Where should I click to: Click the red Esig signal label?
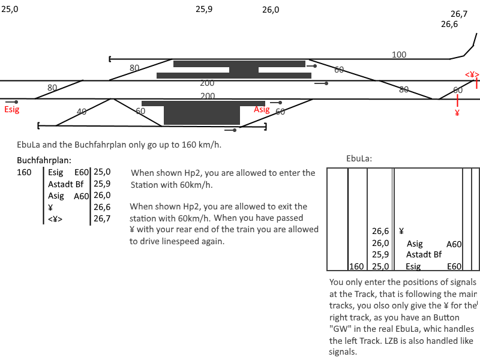click(x=12, y=110)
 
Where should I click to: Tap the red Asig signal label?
click(x=262, y=110)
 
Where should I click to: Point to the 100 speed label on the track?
click(x=399, y=55)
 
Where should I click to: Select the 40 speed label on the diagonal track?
click(x=82, y=112)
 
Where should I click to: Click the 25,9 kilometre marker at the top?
click(x=204, y=9)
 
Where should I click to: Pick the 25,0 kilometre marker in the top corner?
click(x=10, y=9)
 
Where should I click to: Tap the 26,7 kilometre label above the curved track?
click(x=459, y=14)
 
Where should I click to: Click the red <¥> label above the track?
click(x=472, y=74)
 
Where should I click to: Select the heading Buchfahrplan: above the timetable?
click(x=44, y=160)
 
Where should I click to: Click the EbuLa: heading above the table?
click(x=359, y=159)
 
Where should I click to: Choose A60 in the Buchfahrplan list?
click(x=82, y=196)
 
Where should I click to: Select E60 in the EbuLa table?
click(x=454, y=266)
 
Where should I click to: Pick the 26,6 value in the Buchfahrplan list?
click(x=102, y=208)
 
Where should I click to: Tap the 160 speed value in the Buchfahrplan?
click(x=25, y=172)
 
